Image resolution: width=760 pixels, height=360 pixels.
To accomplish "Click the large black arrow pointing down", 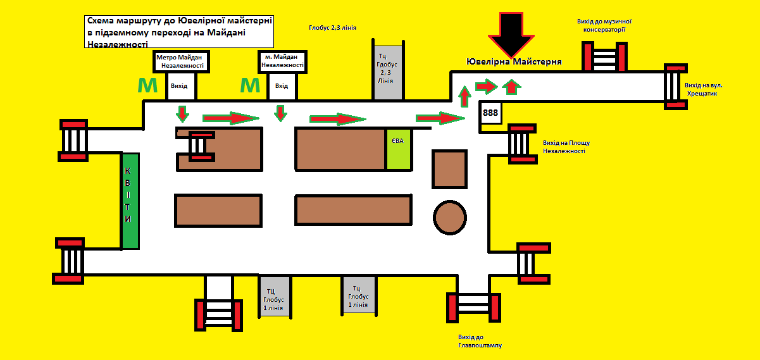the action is tap(511, 35).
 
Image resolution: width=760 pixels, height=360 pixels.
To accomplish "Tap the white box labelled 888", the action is tap(490, 113).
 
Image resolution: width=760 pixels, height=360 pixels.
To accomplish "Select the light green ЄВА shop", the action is tap(398, 149).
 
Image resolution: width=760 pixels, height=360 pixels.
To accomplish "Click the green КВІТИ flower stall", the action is tap(130, 201).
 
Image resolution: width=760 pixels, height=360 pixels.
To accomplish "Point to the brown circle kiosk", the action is tap(450, 218).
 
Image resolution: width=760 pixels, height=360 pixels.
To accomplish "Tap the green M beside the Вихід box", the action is tap(147, 85).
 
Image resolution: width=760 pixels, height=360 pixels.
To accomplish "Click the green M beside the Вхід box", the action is tap(250, 85).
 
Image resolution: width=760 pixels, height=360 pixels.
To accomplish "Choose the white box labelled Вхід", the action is tap(282, 86).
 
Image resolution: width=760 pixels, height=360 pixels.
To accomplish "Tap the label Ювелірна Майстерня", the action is tap(514, 62).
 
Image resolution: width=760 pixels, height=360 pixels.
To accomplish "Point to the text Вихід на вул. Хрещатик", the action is tap(703, 90).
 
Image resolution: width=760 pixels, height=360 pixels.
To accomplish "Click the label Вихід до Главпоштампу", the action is tap(480, 342).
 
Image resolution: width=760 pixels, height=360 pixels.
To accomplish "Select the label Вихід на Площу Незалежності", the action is tap(566, 147).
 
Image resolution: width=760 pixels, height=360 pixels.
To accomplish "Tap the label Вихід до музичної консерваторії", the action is tap(604, 25).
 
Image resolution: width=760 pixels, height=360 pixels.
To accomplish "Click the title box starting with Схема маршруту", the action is tap(179, 32).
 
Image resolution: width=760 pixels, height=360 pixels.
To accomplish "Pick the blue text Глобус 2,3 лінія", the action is tap(332, 28).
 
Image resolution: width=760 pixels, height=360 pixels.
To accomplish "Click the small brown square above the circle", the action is tap(449, 169).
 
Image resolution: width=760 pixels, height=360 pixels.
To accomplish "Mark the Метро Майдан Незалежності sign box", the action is tap(181, 61).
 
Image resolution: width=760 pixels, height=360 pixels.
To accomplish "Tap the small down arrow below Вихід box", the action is tap(182, 114).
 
